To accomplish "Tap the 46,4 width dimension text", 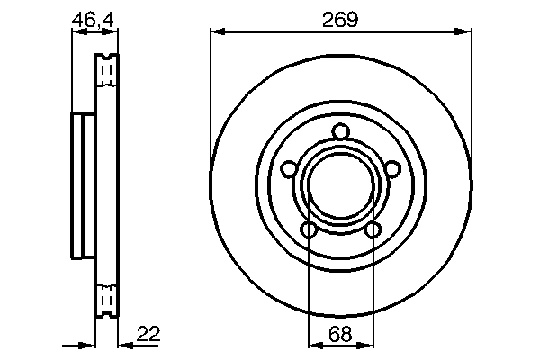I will coord(94,17).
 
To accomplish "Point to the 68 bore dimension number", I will coord(340,334).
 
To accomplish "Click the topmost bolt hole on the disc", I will coord(340,133).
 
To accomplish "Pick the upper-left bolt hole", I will coord(288,170).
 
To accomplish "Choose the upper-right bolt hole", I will coord(392,170).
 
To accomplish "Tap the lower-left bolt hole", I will coord(308,231).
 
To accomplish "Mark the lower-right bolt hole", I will coord(373,231).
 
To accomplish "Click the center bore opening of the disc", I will coord(340,187).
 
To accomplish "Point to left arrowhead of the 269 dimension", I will coord(216,32).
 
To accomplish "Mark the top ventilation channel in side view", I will coord(106,69).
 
